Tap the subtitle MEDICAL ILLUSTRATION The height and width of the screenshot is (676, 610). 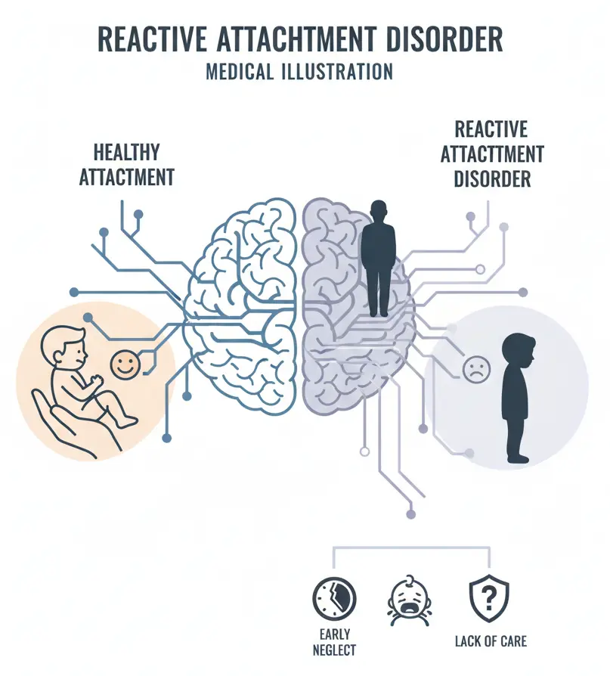pos(299,72)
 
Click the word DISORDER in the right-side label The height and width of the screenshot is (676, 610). pos(492,179)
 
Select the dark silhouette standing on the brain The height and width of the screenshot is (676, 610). pos(379,257)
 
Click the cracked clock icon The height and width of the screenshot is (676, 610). pos(333,600)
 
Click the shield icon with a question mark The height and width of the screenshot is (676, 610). pos(489,599)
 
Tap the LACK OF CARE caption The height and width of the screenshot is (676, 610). pos(491,642)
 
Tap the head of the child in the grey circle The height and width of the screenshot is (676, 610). pos(519,349)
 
